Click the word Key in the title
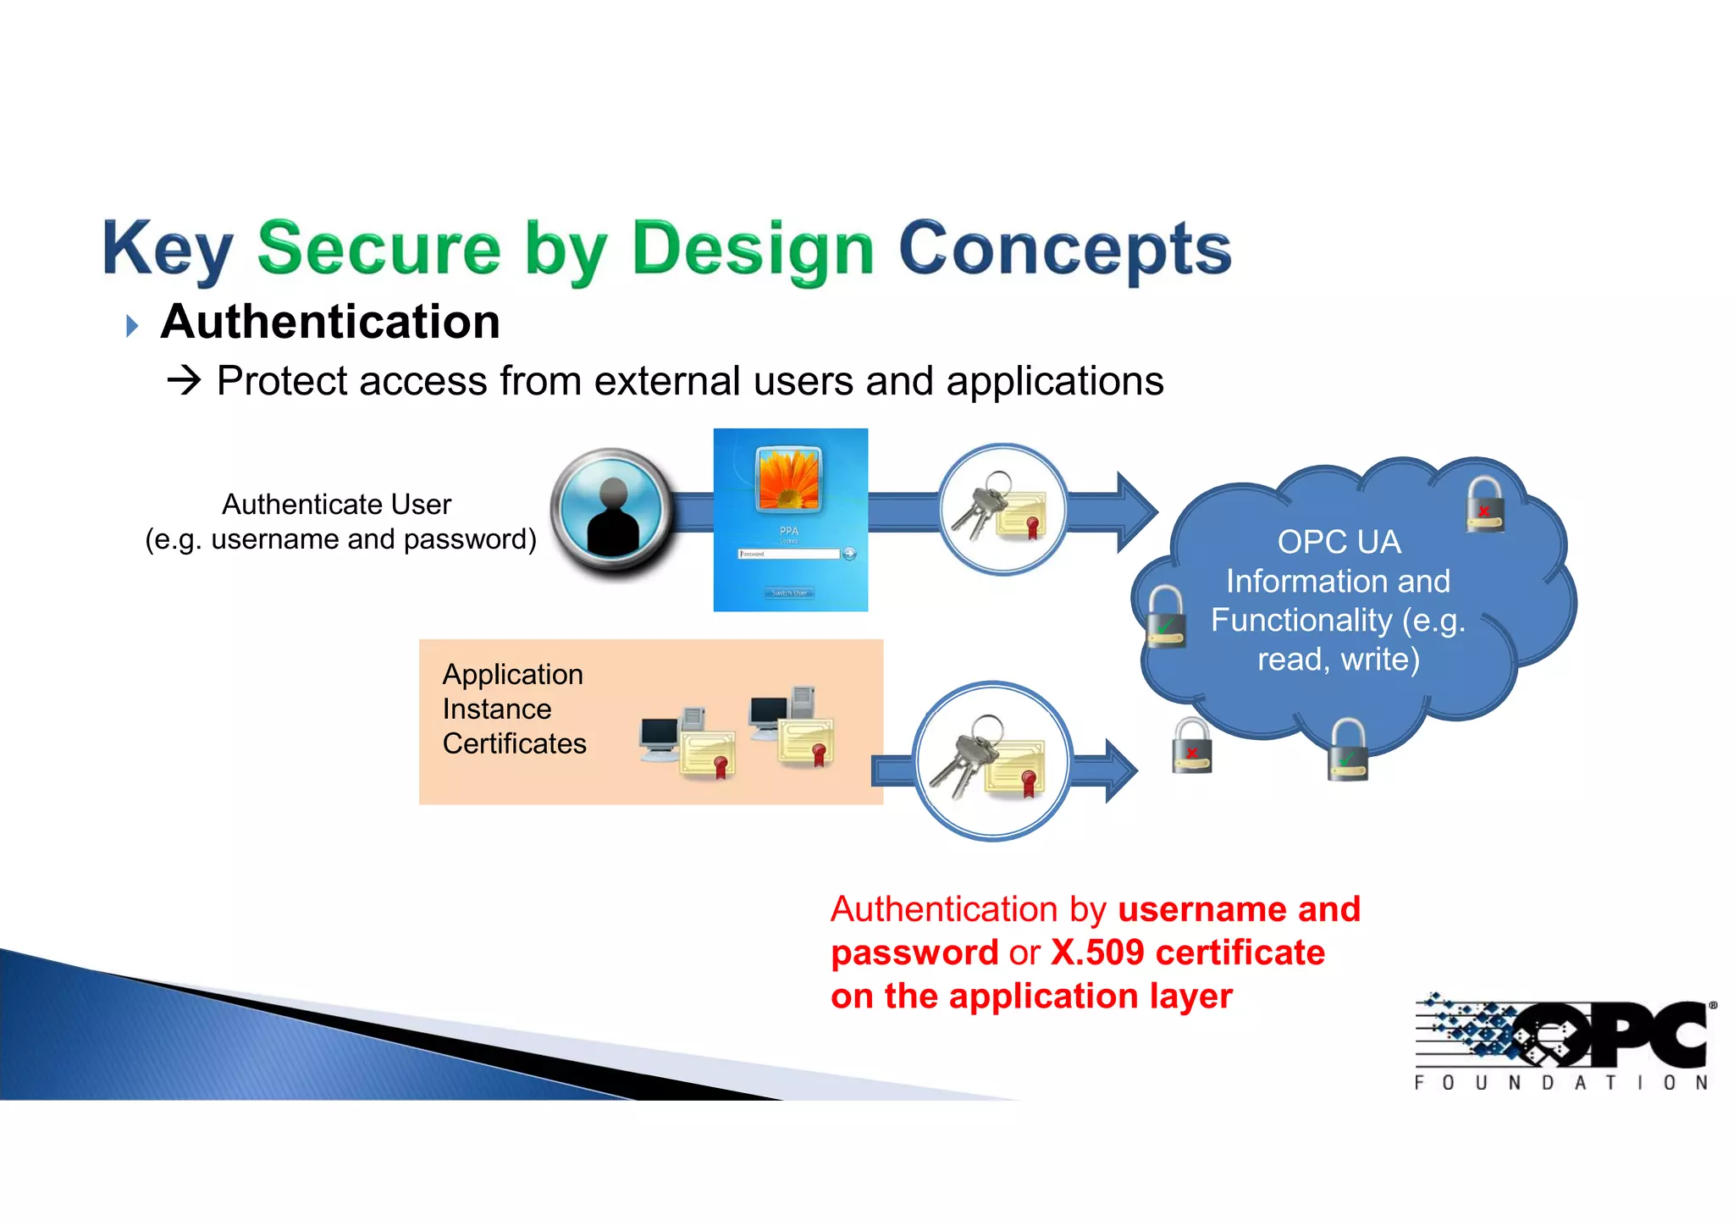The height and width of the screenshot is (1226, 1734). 167,249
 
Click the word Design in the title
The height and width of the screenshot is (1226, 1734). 752,249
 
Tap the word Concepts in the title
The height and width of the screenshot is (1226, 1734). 1063,249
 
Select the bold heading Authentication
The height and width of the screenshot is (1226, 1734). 330,323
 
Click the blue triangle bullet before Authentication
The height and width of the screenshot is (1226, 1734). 132,326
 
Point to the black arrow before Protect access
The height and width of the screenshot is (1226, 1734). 184,381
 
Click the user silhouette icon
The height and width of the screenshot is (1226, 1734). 613,513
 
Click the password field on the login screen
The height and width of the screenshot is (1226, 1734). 789,554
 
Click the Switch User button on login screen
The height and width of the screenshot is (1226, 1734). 789,593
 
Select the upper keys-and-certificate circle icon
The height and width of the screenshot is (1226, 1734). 1002,510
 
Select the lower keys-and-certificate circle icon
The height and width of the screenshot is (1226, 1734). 993,760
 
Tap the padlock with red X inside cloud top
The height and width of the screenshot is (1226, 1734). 1485,505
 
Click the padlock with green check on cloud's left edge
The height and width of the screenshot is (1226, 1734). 1165,616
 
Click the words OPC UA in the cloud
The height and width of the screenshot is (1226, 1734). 1339,542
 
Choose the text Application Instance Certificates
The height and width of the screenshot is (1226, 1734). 514,709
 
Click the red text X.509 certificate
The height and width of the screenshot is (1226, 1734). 1187,953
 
